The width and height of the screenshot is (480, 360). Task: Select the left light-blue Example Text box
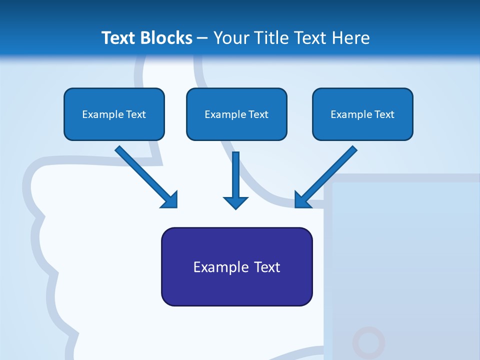114,114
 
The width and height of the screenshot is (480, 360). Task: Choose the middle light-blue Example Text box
236,114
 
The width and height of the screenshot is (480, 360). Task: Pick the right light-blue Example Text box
362,114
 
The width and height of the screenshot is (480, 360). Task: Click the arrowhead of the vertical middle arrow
236,202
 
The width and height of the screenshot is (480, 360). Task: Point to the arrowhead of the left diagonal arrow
170,200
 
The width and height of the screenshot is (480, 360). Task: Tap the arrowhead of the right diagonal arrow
302,200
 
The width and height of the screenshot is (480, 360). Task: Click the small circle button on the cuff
368,342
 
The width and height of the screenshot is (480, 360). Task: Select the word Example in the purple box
221,267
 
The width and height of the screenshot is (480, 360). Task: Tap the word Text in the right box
384,114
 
